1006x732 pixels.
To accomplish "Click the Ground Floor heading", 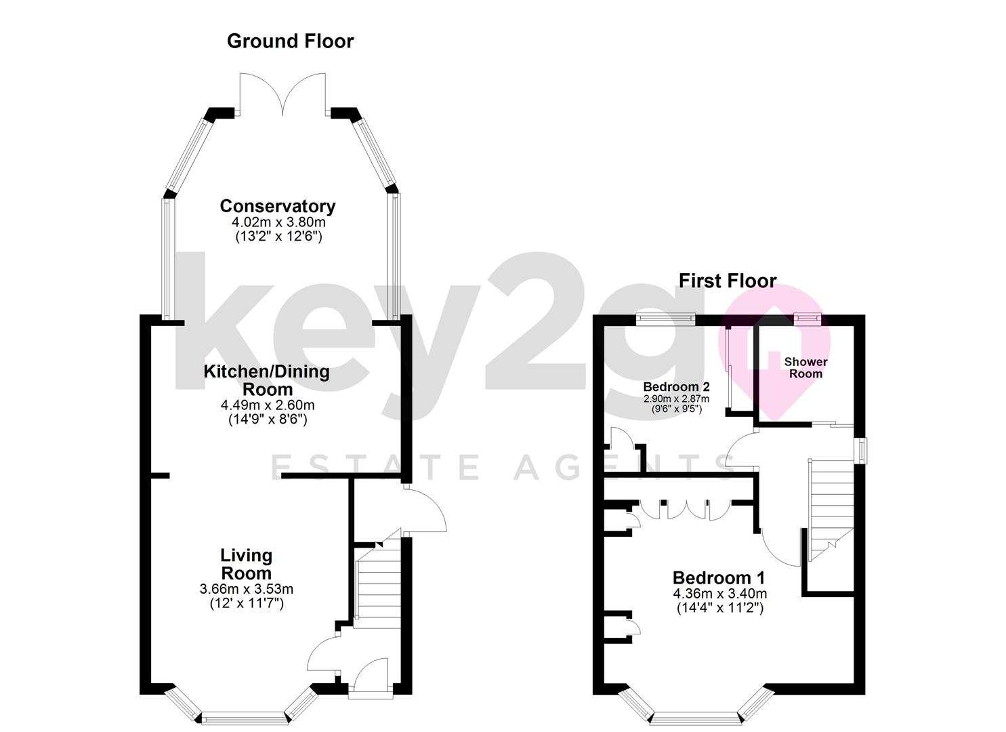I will (290, 41).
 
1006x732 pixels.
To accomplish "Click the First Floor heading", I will (727, 281).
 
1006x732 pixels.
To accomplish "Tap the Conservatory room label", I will (277, 206).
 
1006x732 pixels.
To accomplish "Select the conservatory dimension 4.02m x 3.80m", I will (278, 222).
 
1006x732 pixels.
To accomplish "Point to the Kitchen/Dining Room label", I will (267, 380).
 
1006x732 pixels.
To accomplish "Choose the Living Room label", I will (247, 564).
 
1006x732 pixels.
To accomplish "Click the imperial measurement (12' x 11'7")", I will (247, 603).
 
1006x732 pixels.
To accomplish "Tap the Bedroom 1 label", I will (718, 578).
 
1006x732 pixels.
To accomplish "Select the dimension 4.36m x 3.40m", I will (719, 594).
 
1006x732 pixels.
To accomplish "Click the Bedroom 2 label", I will (675, 387).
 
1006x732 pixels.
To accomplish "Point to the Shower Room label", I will (805, 367).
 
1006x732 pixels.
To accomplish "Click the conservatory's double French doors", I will (282, 95).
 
